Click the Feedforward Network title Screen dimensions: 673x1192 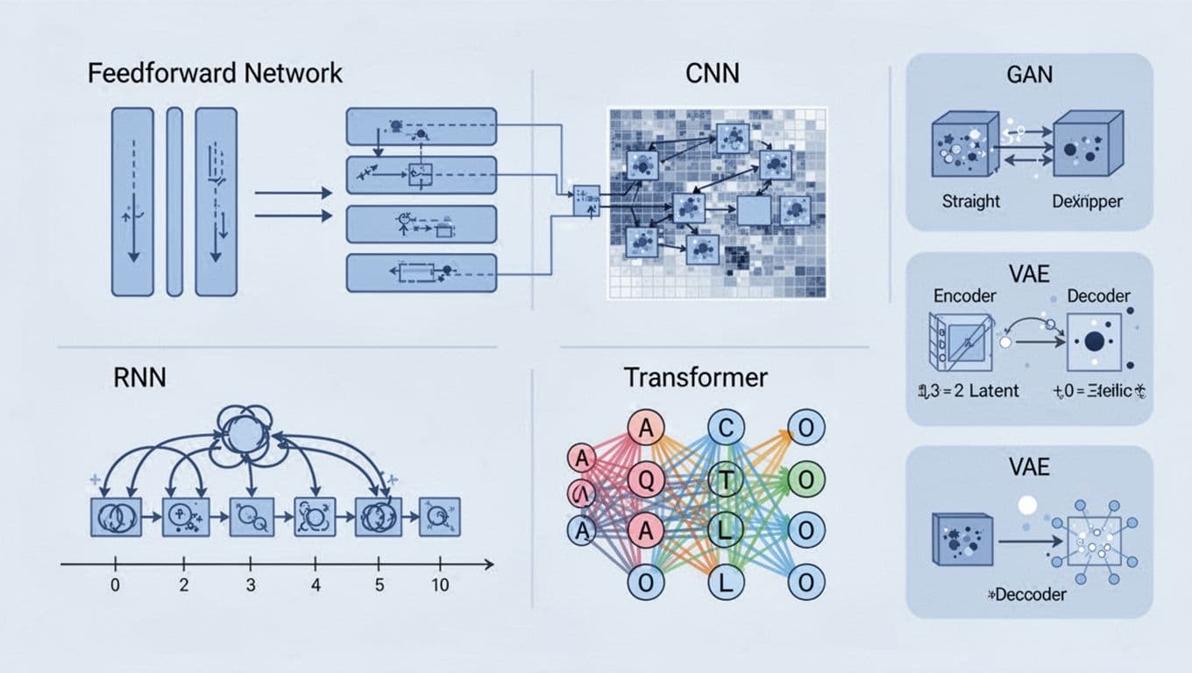215,73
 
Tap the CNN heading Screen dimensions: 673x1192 711,73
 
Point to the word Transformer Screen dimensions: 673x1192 695,378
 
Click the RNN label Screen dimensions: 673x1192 139,378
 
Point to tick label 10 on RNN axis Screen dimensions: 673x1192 441,585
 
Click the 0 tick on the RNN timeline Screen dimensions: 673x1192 115,585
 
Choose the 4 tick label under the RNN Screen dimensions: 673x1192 316,585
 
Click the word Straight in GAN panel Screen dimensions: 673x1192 970,201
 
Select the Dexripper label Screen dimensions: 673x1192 1087,201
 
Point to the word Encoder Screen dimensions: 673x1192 964,296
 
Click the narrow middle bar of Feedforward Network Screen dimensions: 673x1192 174,201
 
